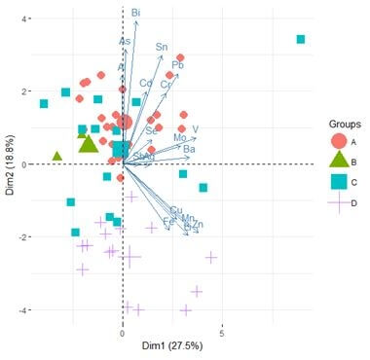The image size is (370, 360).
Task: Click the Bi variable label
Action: click(x=135, y=12)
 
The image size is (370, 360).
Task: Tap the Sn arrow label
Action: click(x=162, y=47)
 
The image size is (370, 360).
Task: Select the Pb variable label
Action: click(x=177, y=65)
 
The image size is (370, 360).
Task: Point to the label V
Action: click(x=196, y=129)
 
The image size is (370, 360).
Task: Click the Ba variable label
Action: click(x=190, y=149)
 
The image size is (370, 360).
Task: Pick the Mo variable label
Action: click(x=180, y=138)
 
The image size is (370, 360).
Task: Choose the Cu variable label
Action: click(x=176, y=211)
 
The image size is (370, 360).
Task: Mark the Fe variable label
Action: click(x=168, y=223)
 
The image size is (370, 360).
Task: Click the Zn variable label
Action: click(x=198, y=225)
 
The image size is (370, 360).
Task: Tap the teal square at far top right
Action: click(x=301, y=40)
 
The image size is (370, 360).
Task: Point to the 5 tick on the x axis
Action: click(x=222, y=332)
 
